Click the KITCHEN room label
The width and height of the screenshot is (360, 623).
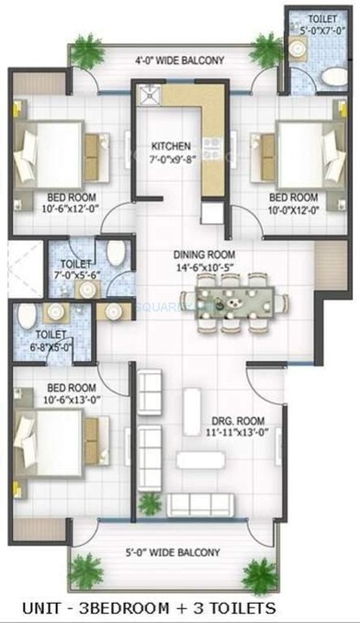171,145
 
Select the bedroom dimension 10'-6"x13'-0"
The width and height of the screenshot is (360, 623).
61,399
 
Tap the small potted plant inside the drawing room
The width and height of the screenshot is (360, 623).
147,502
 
